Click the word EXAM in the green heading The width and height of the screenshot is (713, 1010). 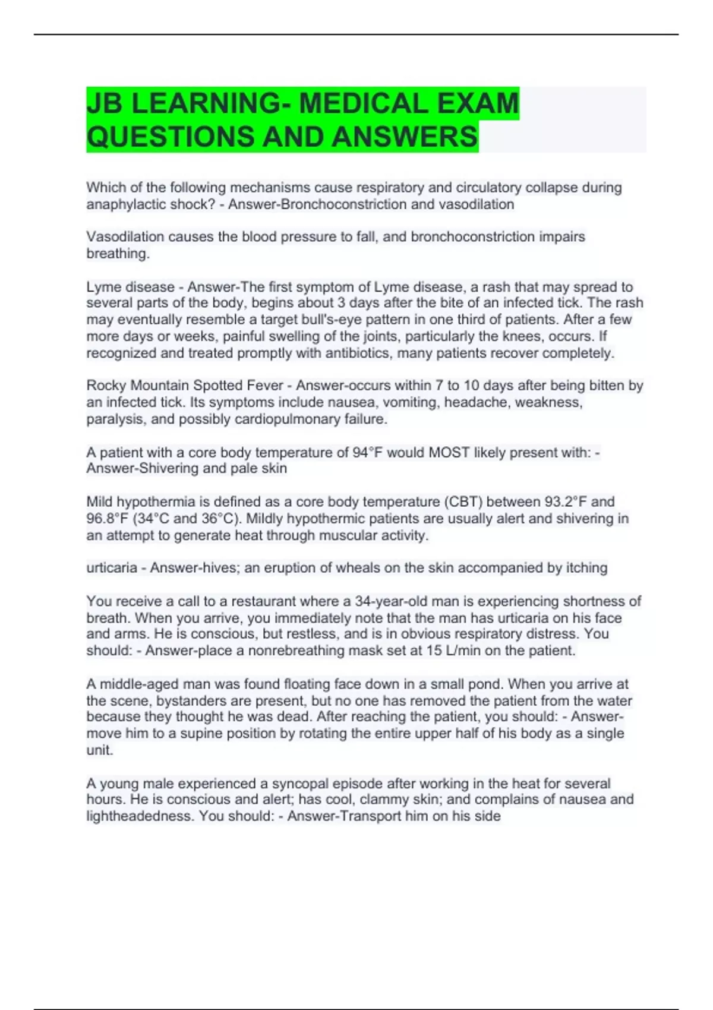tap(478, 103)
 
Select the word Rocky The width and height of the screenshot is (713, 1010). tap(106, 386)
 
